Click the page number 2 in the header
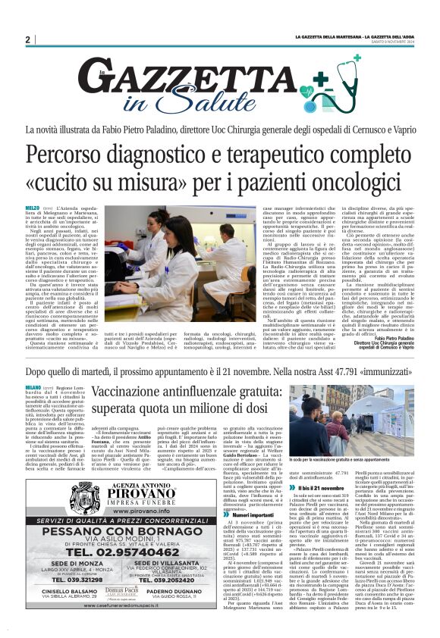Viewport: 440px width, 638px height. (27, 39)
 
